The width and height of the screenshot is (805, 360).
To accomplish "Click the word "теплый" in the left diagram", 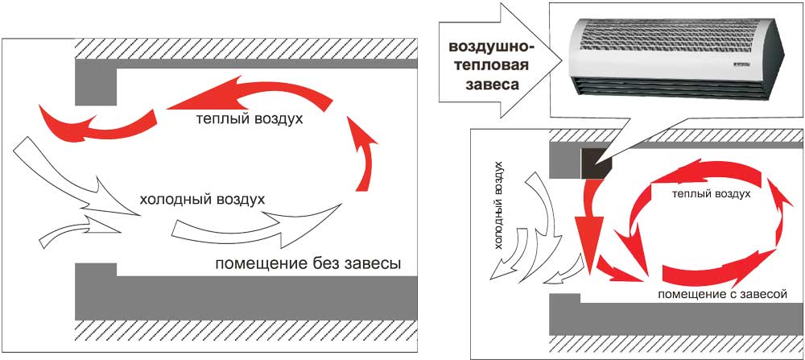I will pyautogui.click(x=216, y=120).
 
